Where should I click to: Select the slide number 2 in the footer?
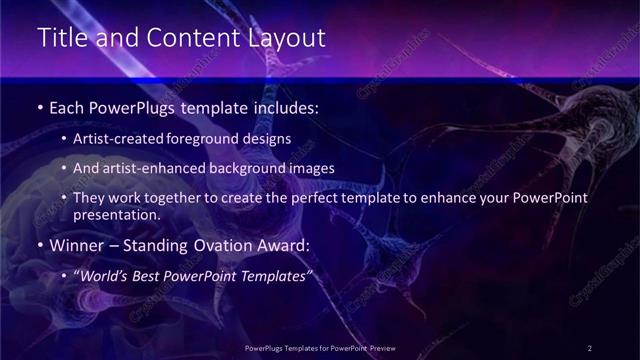tap(590, 347)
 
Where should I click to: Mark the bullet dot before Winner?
tap(39, 245)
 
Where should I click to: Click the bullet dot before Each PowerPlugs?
tap(39, 106)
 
